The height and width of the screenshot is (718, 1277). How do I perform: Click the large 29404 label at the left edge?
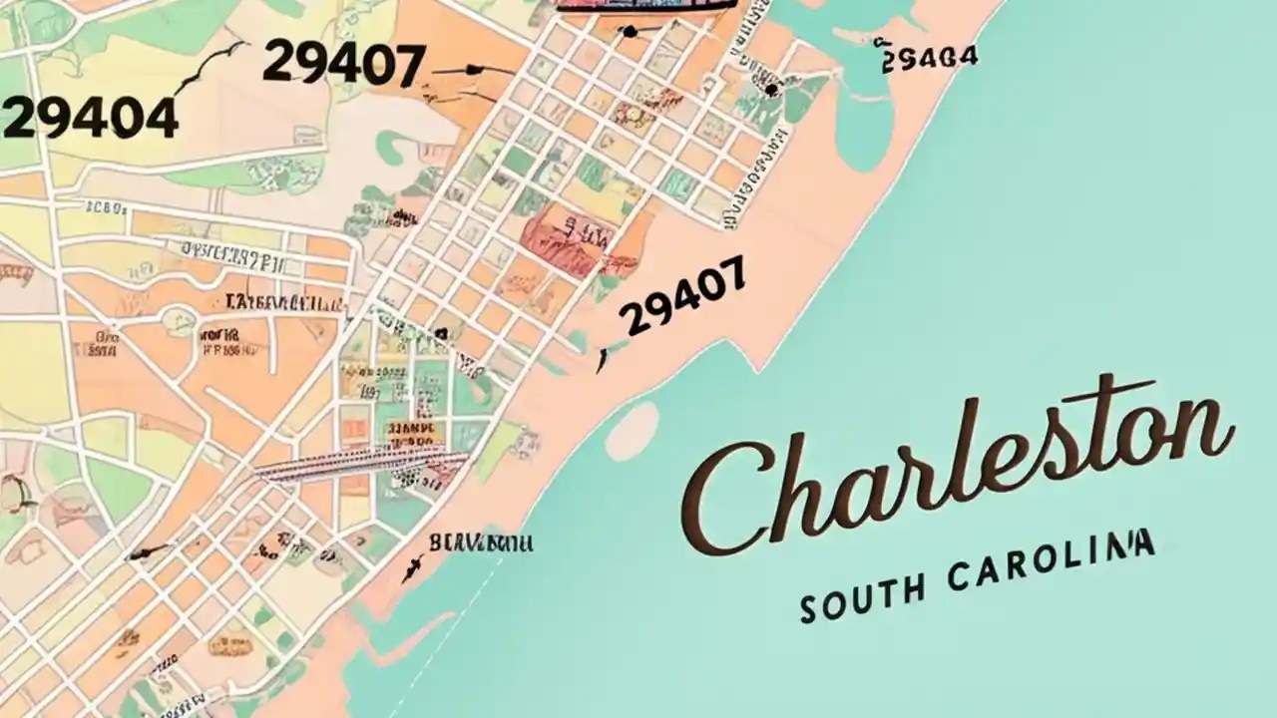90,118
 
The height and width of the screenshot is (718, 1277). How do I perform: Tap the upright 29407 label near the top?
343,65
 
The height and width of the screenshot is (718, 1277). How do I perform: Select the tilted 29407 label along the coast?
682,296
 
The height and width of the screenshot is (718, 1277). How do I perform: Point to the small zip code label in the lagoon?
929,58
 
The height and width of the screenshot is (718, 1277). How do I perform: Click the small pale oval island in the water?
632,432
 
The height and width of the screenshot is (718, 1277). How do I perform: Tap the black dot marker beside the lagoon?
771,90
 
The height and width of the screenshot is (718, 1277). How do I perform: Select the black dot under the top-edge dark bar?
630,32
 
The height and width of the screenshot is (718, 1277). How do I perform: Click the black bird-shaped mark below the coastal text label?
411,569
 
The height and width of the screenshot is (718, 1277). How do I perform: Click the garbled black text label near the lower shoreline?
481,543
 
